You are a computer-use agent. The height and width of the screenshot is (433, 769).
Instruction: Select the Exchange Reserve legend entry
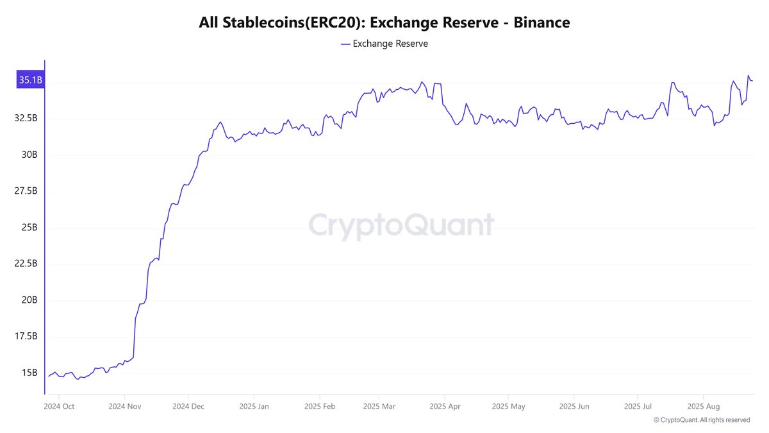384,44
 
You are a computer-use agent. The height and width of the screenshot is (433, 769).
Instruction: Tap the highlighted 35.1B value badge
30,80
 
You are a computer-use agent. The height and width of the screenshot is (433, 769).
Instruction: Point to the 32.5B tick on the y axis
26,119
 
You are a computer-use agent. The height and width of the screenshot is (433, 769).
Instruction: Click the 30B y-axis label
29,155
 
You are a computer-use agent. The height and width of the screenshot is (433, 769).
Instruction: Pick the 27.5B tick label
26,191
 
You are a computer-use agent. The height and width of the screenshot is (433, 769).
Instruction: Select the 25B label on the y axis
29,228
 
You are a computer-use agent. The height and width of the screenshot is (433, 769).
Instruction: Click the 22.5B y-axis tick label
26,264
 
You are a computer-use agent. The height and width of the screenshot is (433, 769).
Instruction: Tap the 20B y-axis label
29,300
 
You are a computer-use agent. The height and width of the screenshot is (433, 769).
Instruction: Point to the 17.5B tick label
26,337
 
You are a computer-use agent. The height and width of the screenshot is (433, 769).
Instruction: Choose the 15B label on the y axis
29,373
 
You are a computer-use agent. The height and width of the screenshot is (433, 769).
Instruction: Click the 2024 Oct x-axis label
60,406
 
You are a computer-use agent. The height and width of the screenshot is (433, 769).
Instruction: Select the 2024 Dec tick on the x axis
188,406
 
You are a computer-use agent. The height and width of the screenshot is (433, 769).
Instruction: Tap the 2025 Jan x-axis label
254,406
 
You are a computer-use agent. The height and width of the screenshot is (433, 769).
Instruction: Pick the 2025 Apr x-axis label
445,406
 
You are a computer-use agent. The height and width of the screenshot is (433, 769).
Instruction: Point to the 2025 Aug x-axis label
703,406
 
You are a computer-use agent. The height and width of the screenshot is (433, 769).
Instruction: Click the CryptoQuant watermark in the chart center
401,225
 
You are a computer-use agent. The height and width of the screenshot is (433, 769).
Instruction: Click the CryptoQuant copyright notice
702,420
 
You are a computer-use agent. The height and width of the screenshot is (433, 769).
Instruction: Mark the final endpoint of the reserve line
752,81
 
